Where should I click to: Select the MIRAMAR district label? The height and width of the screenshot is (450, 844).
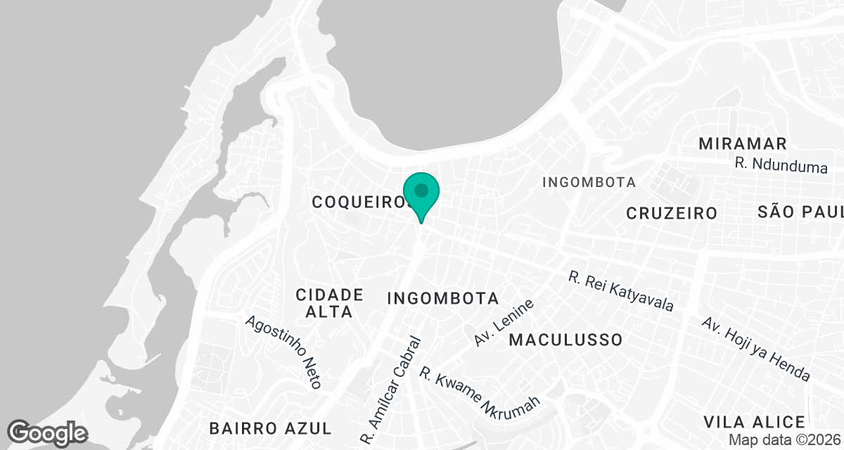743,144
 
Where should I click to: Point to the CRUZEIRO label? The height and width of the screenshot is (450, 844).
672,213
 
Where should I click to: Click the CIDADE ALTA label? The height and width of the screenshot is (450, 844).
329,303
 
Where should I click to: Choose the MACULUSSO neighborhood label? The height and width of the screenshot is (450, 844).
566,340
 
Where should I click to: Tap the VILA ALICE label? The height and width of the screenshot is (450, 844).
755,422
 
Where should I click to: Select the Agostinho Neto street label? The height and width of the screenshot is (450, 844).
283,352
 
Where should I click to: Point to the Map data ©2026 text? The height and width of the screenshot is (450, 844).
784,440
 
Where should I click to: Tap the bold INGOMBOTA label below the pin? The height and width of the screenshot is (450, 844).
443,298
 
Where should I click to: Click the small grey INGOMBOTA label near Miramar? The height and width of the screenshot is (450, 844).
589,183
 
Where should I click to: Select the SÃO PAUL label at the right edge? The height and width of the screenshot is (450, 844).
801,212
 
